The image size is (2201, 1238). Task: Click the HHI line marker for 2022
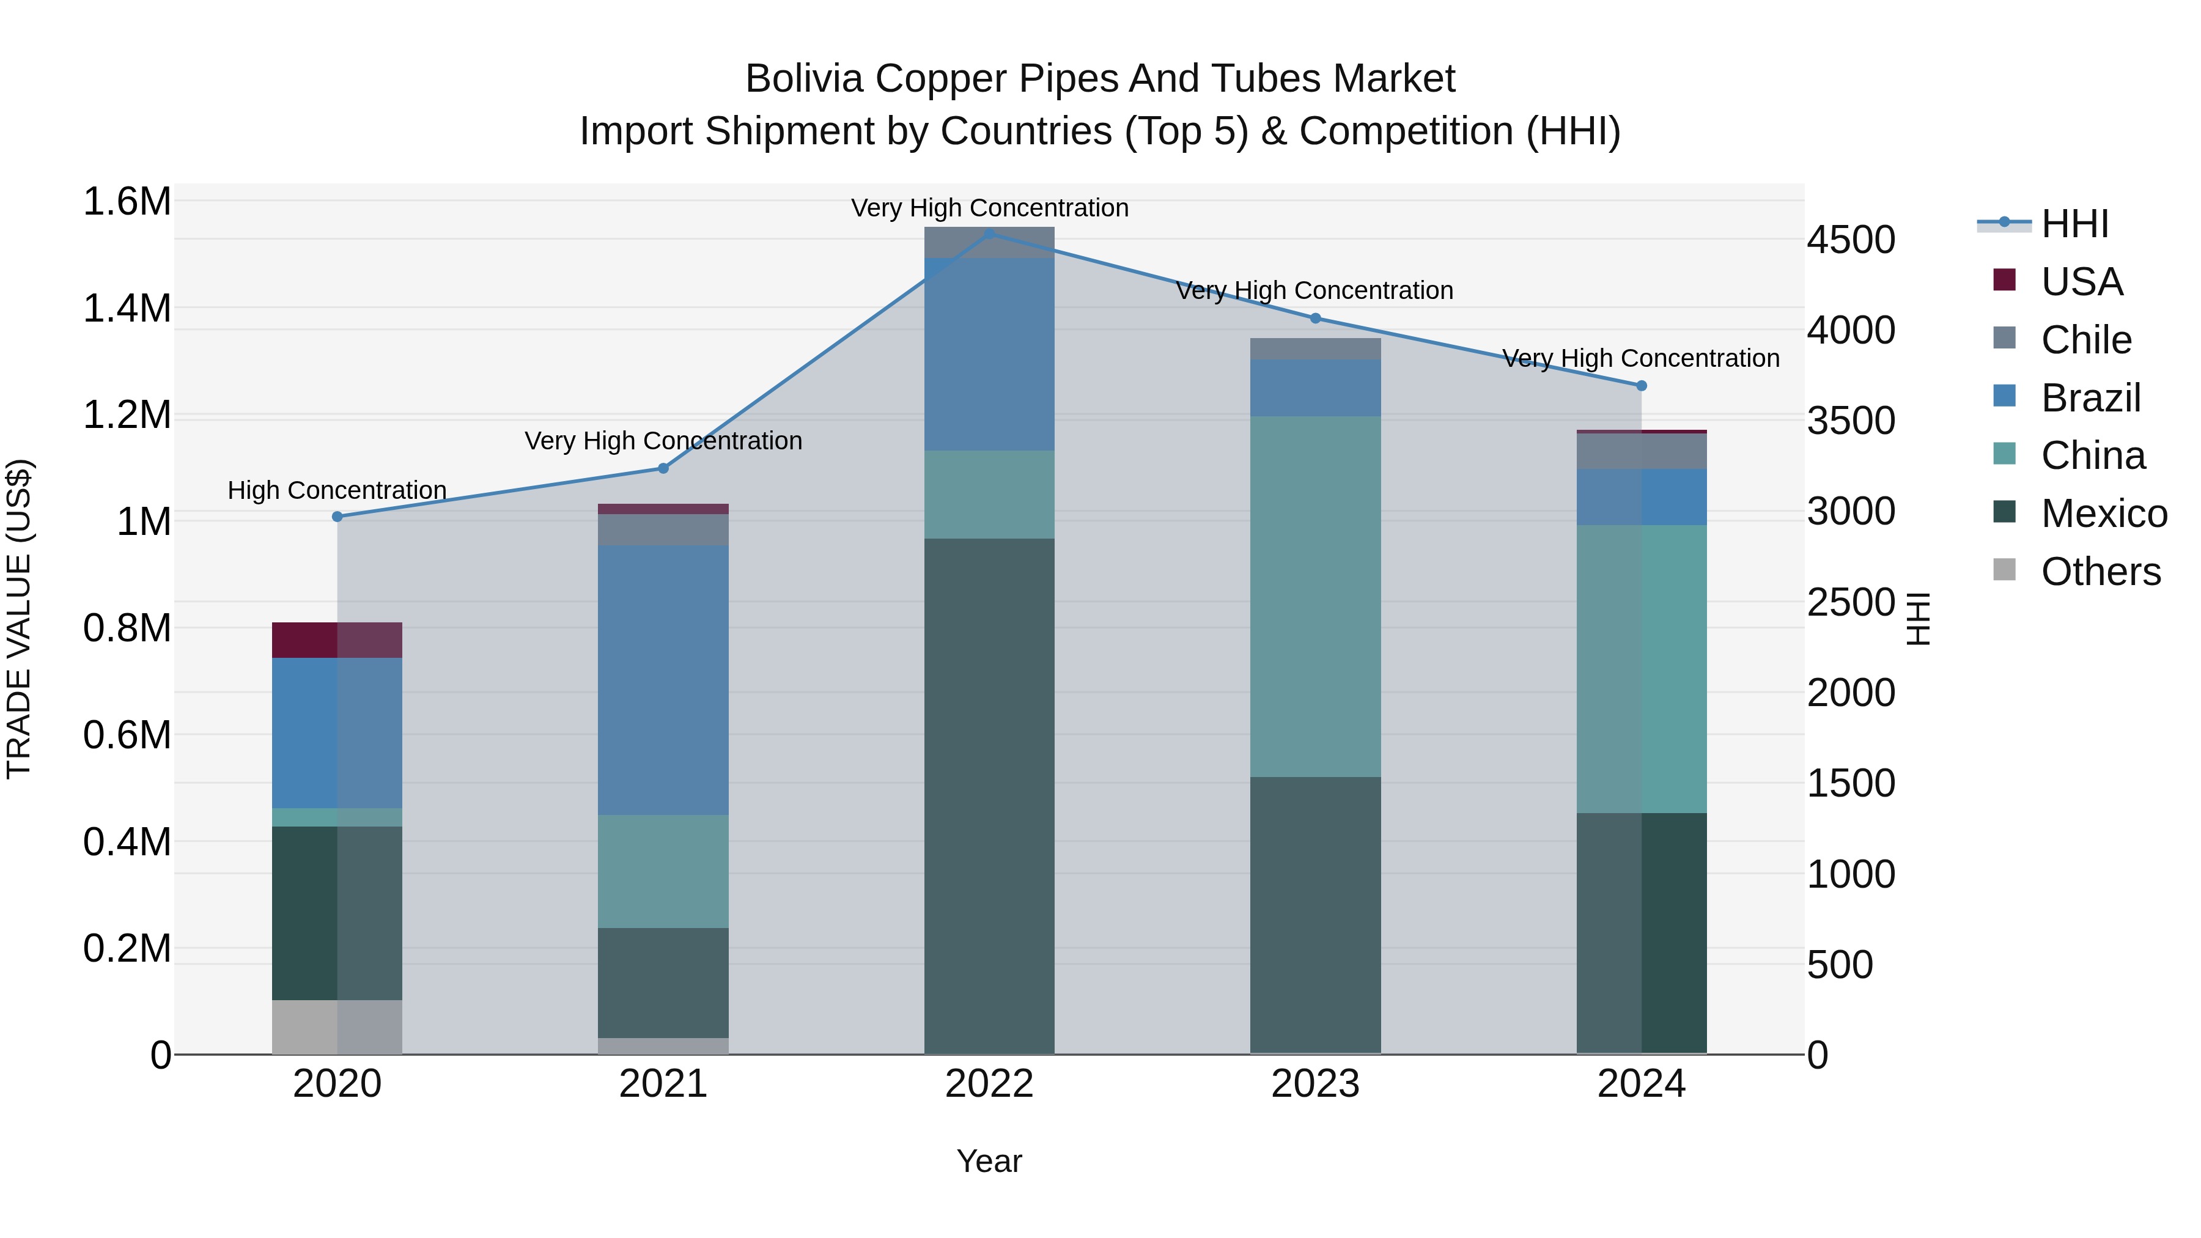[989, 234]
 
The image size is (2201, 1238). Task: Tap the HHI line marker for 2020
[337, 517]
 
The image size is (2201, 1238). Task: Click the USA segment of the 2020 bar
[337, 640]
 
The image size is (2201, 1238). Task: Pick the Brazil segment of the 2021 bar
[663, 680]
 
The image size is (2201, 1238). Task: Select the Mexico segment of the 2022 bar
[989, 795]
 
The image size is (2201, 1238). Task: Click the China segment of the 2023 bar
[1315, 596]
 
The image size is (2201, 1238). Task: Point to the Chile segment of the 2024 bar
[1642, 451]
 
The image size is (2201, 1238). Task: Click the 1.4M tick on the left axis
[127, 309]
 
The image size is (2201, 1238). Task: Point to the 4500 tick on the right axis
[1851, 240]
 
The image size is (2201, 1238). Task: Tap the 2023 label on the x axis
[1315, 1084]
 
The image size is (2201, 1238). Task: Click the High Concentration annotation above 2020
[337, 490]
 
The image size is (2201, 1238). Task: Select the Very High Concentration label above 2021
[663, 441]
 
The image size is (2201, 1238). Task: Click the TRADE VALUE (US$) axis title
[19, 619]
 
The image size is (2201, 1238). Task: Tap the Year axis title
[989, 1161]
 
